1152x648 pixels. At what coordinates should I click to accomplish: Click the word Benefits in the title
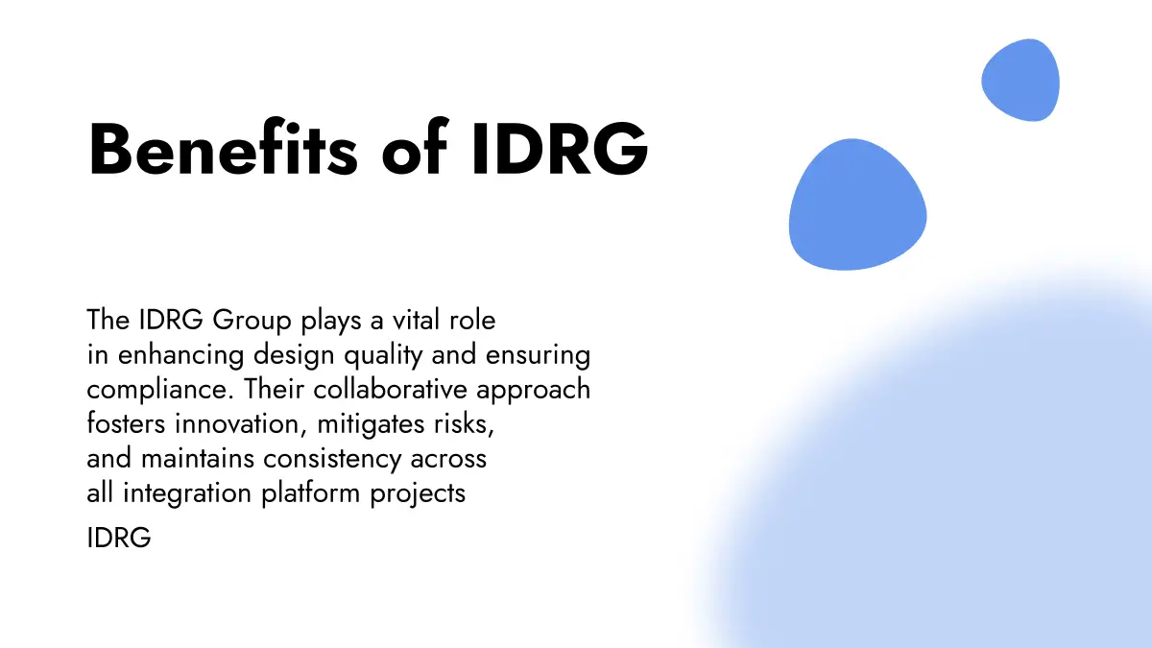[x=223, y=148]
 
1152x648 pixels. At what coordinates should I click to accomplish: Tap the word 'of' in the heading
[x=415, y=147]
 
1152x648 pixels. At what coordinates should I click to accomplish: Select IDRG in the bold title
[x=559, y=149]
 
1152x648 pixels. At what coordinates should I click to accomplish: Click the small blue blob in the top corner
[x=1020, y=81]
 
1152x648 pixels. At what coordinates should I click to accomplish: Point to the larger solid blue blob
[x=858, y=204]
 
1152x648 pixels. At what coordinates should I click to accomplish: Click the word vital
[x=416, y=320]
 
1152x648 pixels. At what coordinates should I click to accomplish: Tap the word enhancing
[x=181, y=356]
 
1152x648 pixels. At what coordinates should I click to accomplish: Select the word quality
[x=383, y=356]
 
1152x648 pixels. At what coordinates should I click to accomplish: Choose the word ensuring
[x=538, y=356]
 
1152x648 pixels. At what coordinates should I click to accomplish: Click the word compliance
[x=160, y=391]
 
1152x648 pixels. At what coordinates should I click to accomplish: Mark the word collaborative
[x=391, y=390]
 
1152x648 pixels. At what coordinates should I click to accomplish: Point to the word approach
[x=534, y=391]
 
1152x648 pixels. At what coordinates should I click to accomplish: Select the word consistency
[x=332, y=460]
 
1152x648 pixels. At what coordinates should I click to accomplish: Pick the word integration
[x=186, y=494]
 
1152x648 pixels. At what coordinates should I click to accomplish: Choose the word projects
[x=418, y=494]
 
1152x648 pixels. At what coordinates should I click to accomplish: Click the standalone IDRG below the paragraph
[x=119, y=538]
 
